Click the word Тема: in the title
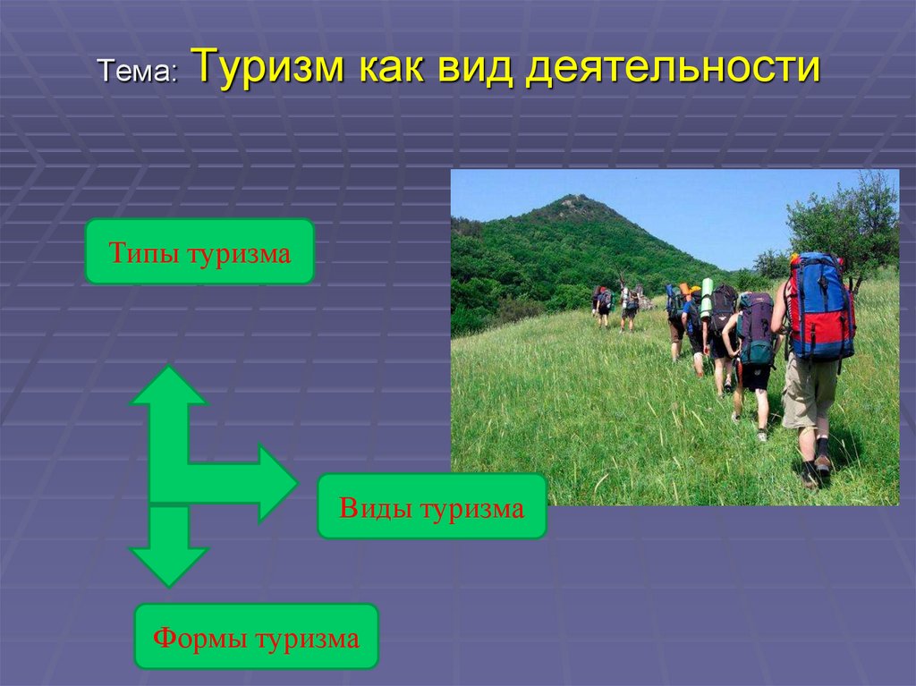click(x=138, y=72)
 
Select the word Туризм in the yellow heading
click(x=268, y=65)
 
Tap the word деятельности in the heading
click(x=673, y=67)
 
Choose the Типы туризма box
click(x=199, y=251)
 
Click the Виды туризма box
click(x=432, y=506)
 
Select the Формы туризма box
click(x=257, y=636)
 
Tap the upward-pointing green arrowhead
click(x=169, y=385)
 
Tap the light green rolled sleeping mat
click(x=707, y=298)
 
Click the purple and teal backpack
click(x=757, y=328)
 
